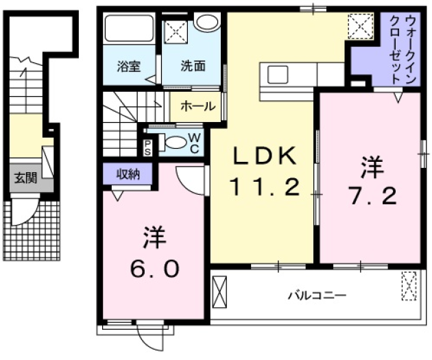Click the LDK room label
pos(263,157)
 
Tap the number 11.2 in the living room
pos(263,187)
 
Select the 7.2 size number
pos(371,197)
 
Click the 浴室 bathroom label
pos(128,67)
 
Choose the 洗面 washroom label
pos(193,67)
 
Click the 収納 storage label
pos(128,173)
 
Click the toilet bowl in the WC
pos(176,143)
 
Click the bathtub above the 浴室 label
pos(130,29)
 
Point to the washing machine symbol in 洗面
pos(175,33)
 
